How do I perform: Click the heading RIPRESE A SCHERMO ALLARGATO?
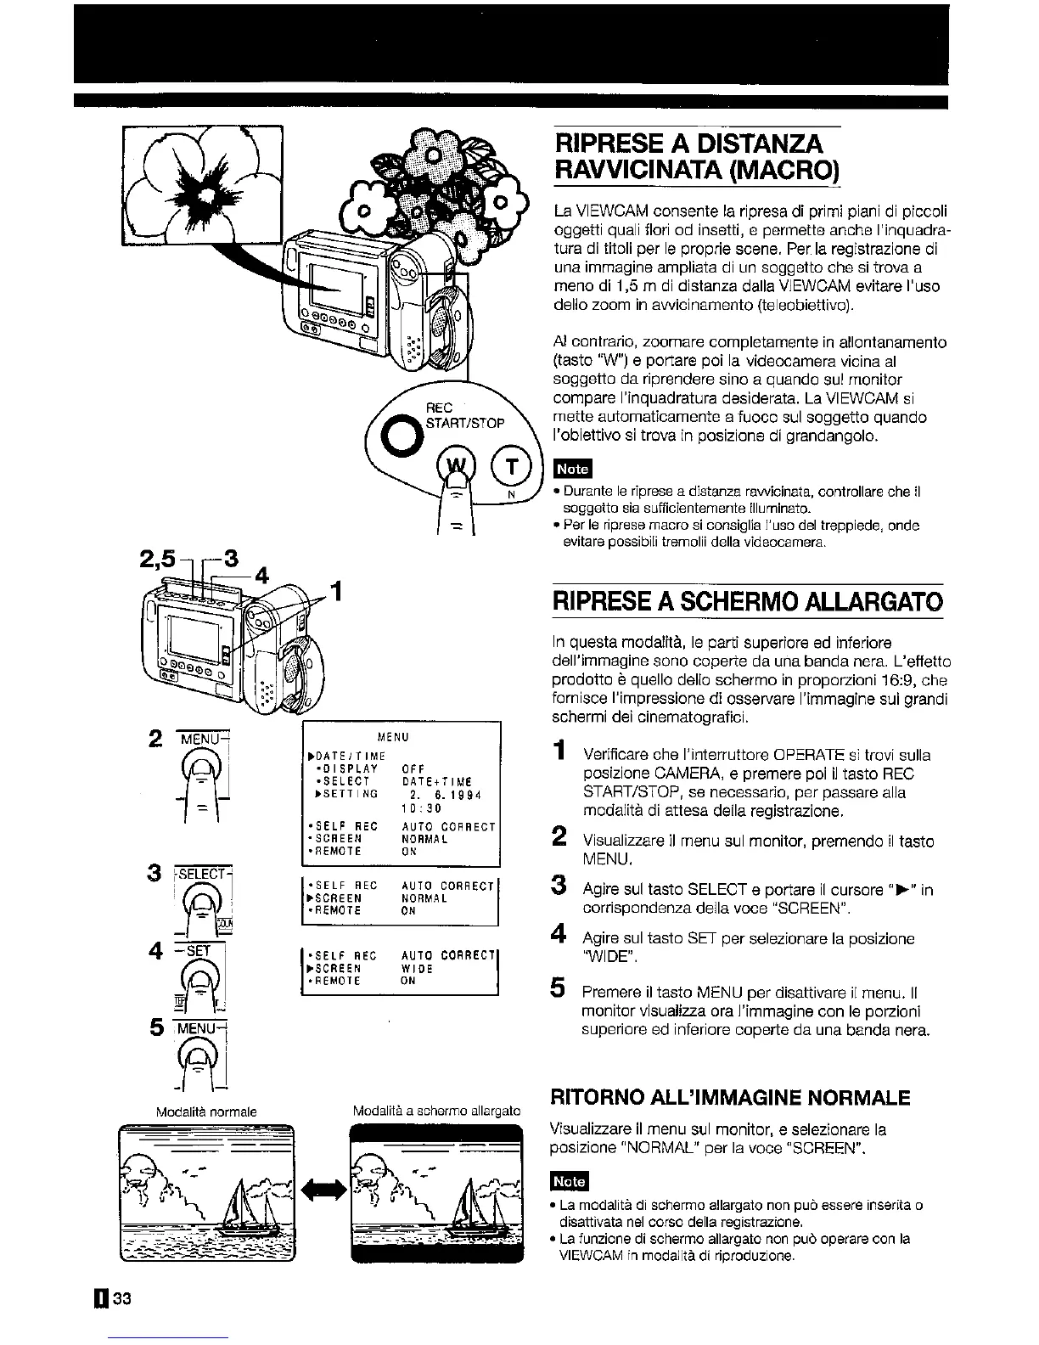(747, 603)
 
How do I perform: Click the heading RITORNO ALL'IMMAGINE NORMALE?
(731, 1097)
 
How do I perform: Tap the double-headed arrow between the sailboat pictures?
(322, 1190)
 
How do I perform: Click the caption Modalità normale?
(206, 1111)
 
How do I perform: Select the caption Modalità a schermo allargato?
(436, 1111)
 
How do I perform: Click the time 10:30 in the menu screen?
(426, 809)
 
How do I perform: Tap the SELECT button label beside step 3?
(203, 874)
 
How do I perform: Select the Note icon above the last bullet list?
(569, 1180)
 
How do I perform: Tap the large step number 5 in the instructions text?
(558, 987)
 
